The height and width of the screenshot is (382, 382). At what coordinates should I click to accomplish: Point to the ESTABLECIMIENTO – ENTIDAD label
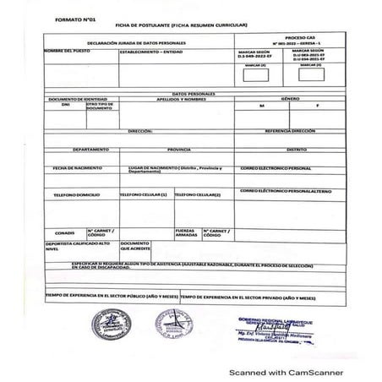152,52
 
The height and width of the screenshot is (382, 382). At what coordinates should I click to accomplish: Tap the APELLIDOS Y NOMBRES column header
181,100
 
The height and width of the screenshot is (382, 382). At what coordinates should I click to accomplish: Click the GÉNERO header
290,100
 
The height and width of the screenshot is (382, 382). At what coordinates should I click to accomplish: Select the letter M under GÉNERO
262,107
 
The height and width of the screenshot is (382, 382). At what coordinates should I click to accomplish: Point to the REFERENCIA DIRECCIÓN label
290,133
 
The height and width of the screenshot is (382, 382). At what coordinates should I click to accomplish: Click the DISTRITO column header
295,149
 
